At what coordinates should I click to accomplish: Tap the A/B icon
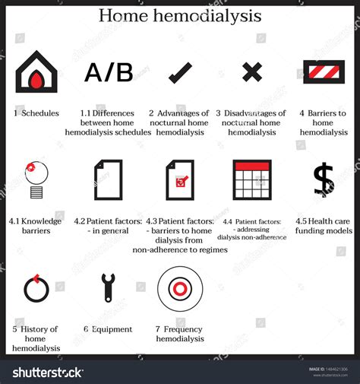tap(109, 73)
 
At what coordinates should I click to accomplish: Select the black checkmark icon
tap(180, 73)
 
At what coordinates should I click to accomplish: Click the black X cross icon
tap(252, 72)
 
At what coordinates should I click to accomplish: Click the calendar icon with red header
tap(252, 179)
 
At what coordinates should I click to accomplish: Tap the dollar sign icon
tap(324, 179)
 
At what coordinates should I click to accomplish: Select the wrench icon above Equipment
tap(108, 287)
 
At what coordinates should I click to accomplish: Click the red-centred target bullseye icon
tap(180, 288)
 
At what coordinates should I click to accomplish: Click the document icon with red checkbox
tap(180, 179)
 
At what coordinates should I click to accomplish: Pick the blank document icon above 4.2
tap(108, 179)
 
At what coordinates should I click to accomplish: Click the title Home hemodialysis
tap(180, 16)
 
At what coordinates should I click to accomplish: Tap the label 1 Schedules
tap(36, 113)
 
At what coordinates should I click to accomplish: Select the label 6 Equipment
tap(108, 329)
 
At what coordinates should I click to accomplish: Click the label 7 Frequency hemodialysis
tap(180, 334)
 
